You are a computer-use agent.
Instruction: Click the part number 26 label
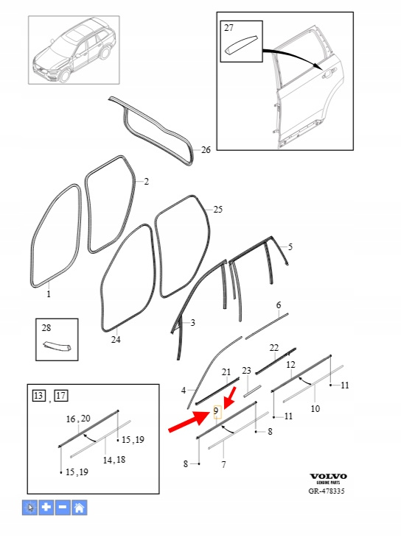click(206, 150)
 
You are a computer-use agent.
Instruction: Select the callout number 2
click(146, 182)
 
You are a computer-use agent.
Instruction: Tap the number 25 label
click(218, 209)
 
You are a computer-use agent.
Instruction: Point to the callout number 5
click(290, 247)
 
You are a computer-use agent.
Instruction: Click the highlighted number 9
click(216, 410)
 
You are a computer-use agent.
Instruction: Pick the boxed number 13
click(38, 396)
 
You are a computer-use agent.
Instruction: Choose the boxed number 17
click(61, 396)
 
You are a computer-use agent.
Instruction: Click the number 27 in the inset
click(229, 28)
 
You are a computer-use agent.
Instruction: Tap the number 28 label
click(46, 328)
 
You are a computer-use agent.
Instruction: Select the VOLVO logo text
click(328, 477)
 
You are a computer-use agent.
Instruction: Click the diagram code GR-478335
click(327, 491)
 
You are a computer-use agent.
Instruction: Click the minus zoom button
click(63, 508)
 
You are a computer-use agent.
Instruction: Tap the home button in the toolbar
click(79, 508)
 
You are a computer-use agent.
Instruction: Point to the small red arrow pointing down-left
click(230, 398)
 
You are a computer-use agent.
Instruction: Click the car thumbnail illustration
click(74, 51)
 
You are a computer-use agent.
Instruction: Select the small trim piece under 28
click(57, 346)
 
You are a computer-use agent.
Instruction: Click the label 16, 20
click(78, 419)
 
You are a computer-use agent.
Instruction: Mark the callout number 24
click(116, 340)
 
